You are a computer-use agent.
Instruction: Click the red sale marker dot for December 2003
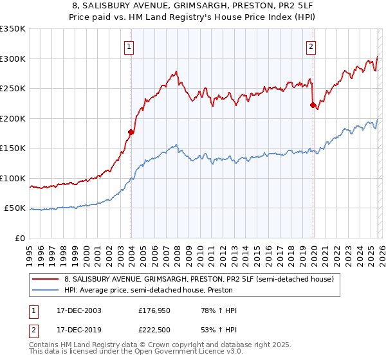click(131, 132)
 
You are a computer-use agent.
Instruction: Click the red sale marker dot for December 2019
click(313, 105)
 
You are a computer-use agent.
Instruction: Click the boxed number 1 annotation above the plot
click(129, 46)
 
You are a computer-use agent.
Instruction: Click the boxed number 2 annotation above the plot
click(311, 46)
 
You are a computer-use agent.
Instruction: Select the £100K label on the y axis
click(13, 178)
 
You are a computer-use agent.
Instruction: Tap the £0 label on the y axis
click(19, 238)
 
